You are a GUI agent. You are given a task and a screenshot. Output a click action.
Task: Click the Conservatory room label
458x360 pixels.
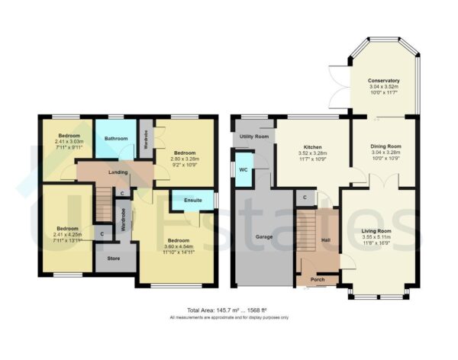point(383,81)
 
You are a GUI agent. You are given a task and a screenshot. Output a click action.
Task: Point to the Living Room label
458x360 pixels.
point(377,230)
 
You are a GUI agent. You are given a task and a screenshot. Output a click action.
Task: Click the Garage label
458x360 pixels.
point(256,236)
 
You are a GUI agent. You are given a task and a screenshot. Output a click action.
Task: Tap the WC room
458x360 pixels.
point(242,169)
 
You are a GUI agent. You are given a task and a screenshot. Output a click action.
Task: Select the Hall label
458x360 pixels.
point(325,239)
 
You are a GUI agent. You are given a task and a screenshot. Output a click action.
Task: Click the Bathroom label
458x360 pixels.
point(116,139)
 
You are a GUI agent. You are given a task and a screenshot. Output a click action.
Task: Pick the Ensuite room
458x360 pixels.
point(192,201)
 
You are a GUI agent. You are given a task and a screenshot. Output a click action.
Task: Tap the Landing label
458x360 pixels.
point(118,172)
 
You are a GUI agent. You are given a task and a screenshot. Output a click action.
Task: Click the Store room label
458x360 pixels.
point(113,258)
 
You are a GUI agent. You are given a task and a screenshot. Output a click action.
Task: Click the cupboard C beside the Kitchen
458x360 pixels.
point(305,198)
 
